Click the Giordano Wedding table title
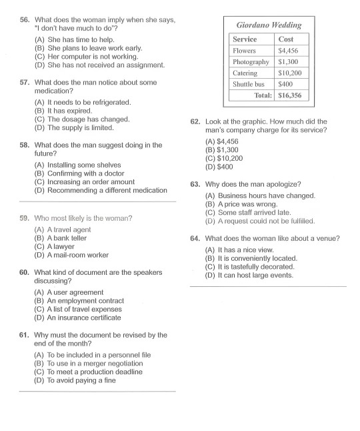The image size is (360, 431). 269,25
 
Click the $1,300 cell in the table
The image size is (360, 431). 289,62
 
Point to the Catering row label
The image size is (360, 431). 245,73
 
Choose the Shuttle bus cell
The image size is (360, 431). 248,85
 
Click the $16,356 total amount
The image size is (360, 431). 291,96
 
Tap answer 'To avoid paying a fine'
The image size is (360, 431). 81,380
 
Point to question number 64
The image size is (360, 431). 195,238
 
